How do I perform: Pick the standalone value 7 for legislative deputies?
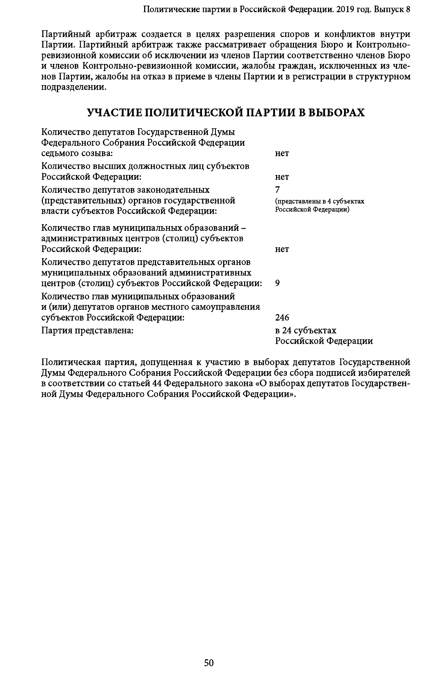[x=277, y=190]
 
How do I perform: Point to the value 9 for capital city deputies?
[x=277, y=283]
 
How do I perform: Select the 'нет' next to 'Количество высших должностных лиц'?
[x=282, y=177]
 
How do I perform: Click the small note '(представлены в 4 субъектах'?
[x=320, y=201]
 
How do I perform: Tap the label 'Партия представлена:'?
[x=87, y=330]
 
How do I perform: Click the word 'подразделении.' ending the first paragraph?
[x=74, y=87]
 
